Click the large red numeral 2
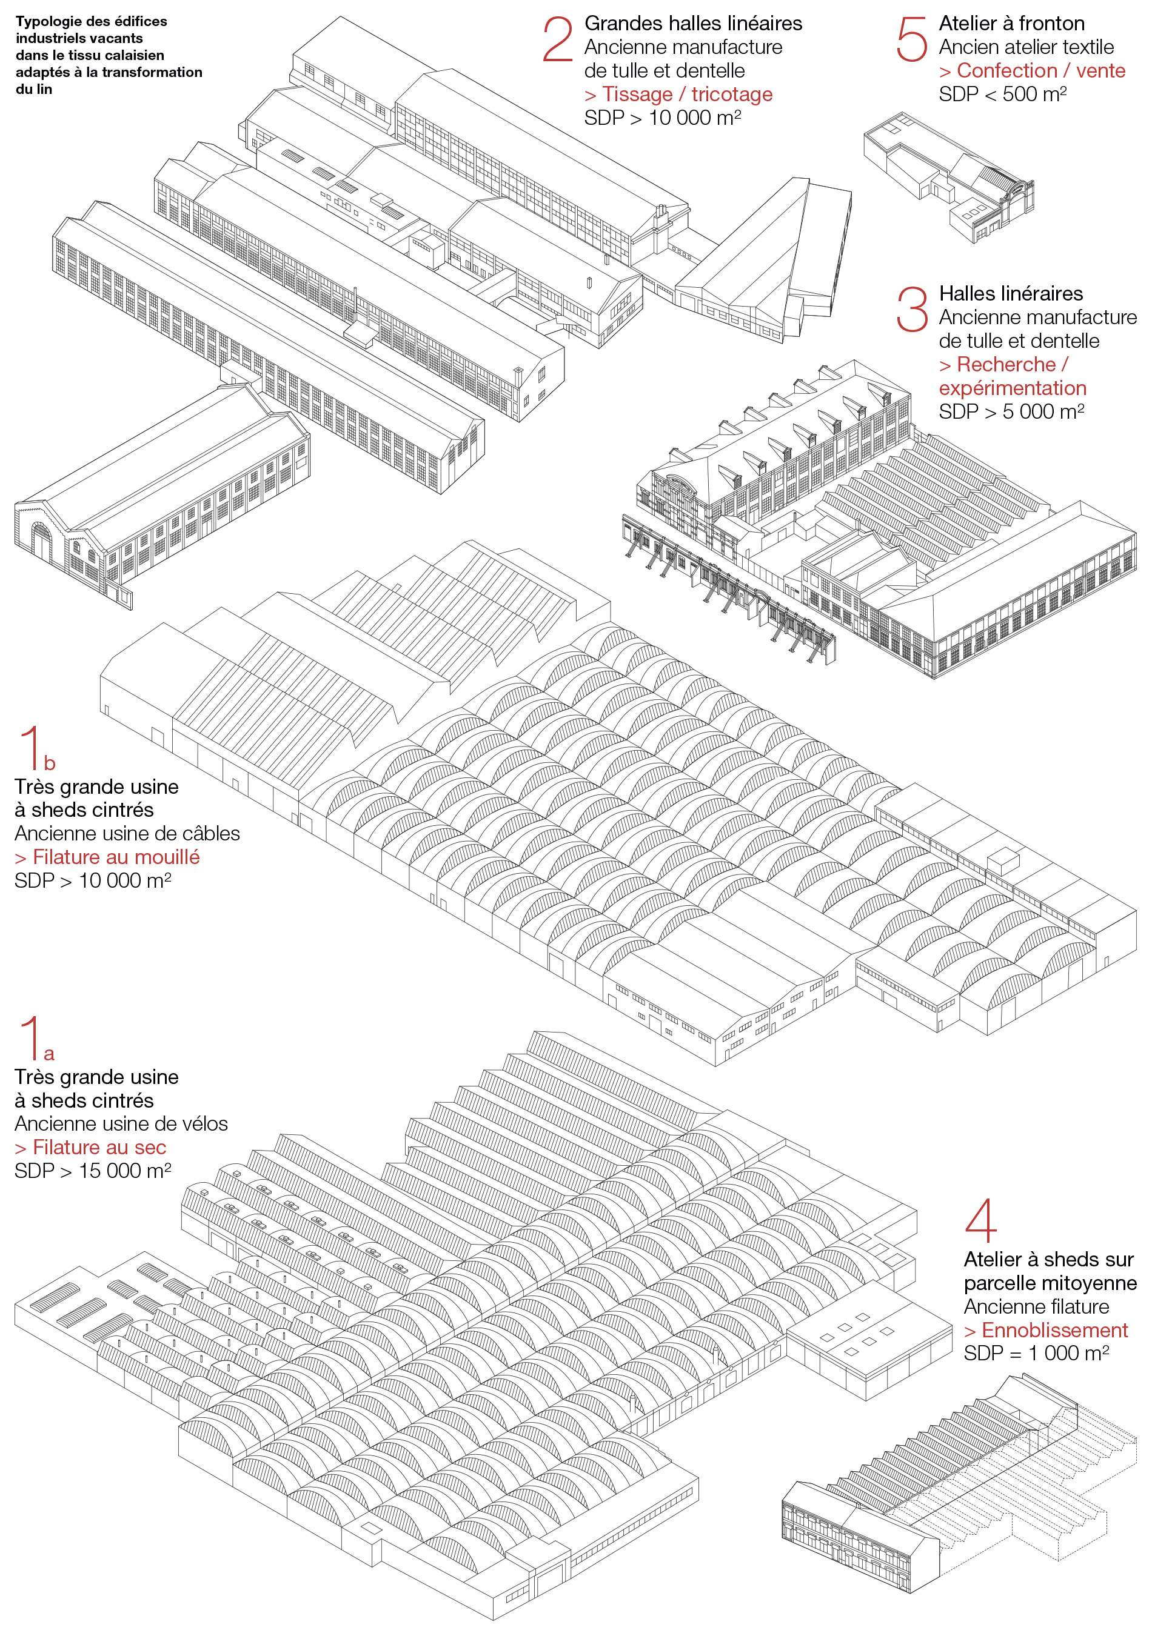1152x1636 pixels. coord(557,40)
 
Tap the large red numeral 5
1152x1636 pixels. coord(912,40)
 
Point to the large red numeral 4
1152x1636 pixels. coord(980,1220)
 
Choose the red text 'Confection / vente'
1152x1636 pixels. coord(1032,70)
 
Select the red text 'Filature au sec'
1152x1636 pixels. coord(90,1147)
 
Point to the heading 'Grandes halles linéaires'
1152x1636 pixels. coord(693,24)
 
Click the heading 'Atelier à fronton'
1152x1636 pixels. coord(1011,24)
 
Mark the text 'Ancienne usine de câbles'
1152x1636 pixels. coord(127,833)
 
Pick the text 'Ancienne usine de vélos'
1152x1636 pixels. coord(121,1123)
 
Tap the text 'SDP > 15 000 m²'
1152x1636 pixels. coord(93,1171)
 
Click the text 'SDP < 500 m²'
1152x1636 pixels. coord(1002,94)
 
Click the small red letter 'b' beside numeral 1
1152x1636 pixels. coord(49,763)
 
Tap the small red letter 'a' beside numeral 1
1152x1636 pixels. coord(49,1054)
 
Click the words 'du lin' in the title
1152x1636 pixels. coord(33,89)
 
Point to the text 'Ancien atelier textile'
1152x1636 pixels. coord(1026,47)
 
